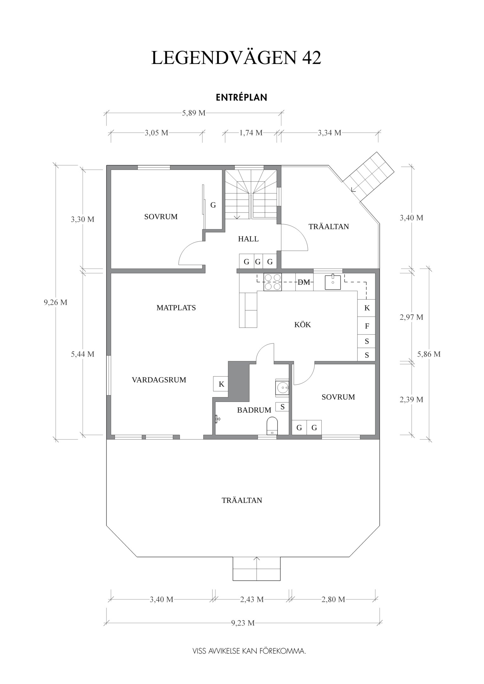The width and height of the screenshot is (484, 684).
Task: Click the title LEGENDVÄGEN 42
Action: click(x=236, y=58)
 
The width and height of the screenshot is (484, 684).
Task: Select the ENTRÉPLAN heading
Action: click(x=242, y=98)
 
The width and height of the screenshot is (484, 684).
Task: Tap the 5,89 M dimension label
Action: click(x=194, y=113)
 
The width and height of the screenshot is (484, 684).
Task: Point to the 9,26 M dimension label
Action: click(x=55, y=302)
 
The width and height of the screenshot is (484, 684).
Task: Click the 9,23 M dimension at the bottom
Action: click(x=243, y=623)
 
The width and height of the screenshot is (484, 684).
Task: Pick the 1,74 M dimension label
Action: click(x=251, y=133)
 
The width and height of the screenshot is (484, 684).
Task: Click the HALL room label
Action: click(x=248, y=239)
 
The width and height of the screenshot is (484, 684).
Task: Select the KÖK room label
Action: click(x=302, y=325)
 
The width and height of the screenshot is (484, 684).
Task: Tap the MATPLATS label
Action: click(x=176, y=308)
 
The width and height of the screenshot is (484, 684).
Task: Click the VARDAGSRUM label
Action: click(x=159, y=380)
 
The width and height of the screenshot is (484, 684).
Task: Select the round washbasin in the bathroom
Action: click(x=282, y=387)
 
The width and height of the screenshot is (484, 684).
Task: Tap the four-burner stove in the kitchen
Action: click(x=273, y=282)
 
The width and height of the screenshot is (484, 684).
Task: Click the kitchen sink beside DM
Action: click(x=332, y=282)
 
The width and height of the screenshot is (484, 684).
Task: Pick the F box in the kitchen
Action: click(x=367, y=326)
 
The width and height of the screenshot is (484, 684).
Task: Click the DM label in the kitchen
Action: click(x=304, y=282)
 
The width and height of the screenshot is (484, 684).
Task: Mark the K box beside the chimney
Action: click(x=221, y=384)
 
